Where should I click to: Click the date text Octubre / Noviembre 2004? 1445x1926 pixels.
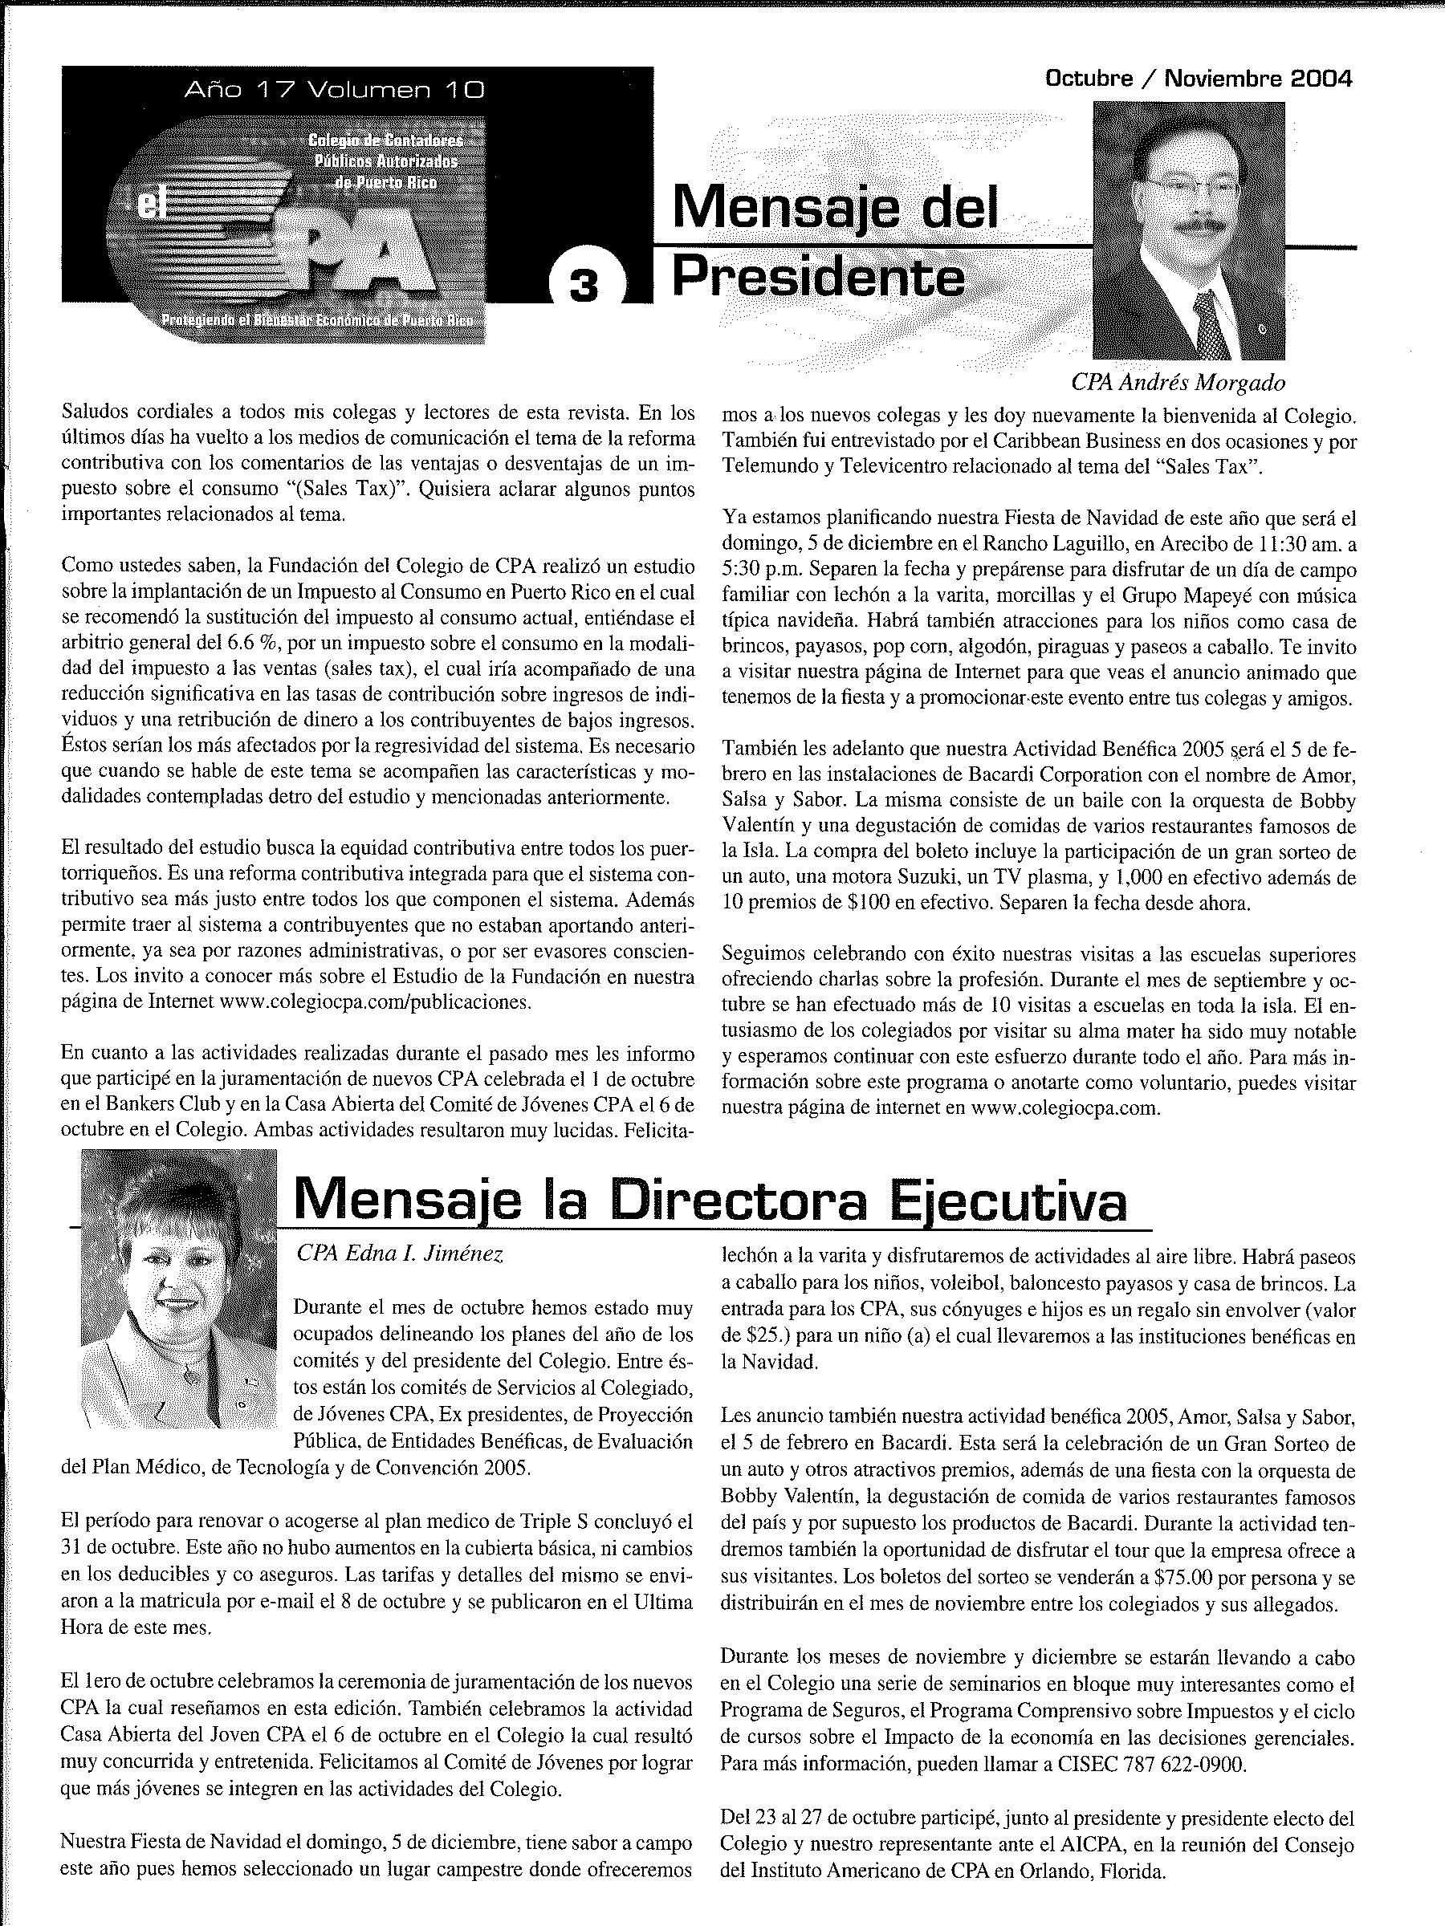point(1198,79)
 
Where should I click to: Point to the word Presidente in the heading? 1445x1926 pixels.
point(819,278)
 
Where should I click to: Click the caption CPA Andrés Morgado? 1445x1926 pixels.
point(1178,382)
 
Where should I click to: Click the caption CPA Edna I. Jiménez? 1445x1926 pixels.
point(399,1253)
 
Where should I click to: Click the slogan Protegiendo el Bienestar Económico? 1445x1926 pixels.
point(318,320)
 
